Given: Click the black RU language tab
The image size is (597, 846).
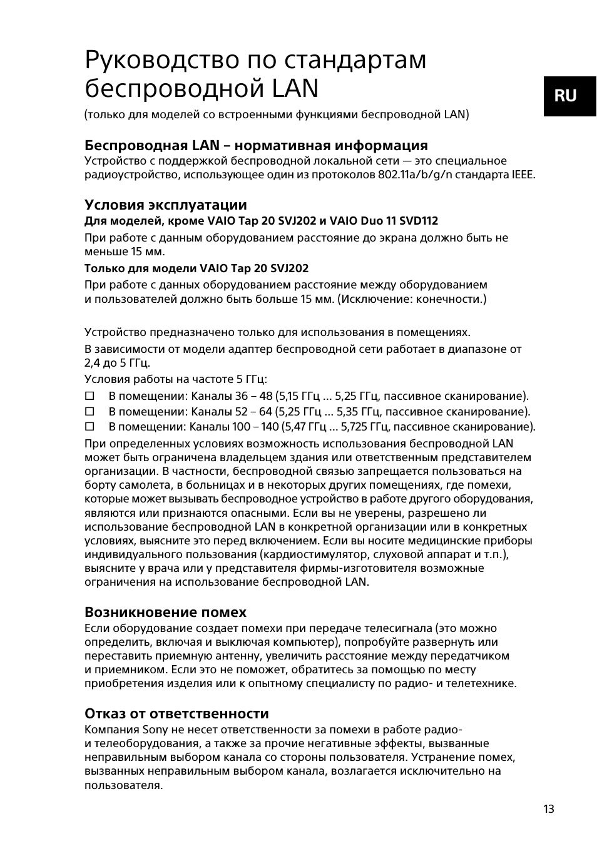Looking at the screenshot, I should (x=569, y=96).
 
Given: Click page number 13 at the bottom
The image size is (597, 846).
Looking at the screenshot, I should (x=548, y=809).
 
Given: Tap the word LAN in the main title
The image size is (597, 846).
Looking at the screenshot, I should (x=295, y=88).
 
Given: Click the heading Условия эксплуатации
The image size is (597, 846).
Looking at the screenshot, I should (x=165, y=205).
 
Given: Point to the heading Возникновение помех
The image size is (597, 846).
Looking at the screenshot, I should (x=165, y=612).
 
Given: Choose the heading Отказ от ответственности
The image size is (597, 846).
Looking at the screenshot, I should (x=176, y=714).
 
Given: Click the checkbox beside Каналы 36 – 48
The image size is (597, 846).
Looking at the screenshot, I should (x=89, y=396).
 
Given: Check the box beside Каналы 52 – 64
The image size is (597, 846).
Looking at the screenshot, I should (x=89, y=412).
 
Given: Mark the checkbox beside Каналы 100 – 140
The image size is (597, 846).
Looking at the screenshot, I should (x=89, y=427).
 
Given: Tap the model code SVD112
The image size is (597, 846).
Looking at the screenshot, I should (x=416, y=221).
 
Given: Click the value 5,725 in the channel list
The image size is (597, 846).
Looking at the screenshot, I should (x=355, y=427).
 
